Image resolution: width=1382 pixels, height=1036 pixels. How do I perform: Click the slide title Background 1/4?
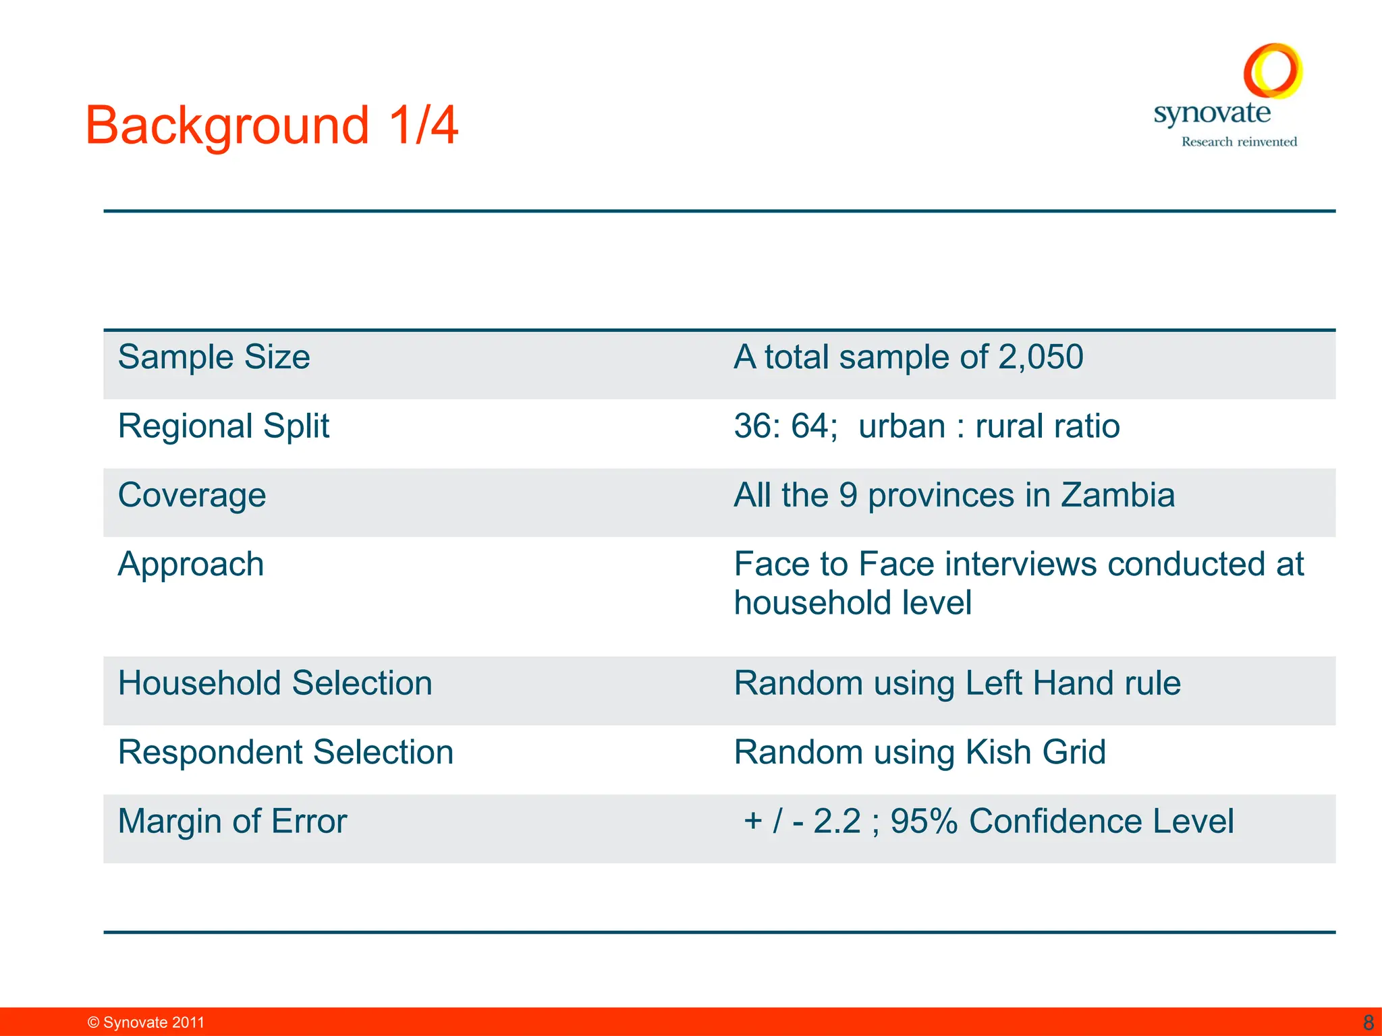(x=271, y=126)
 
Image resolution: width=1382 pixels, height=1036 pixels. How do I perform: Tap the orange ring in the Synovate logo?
(x=1273, y=70)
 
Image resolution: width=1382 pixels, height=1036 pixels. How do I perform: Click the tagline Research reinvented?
(x=1239, y=142)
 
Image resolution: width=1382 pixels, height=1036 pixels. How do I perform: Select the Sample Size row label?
(x=214, y=357)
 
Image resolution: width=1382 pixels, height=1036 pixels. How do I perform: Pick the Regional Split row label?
(x=223, y=426)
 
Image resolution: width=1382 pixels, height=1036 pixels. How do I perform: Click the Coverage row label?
(x=192, y=496)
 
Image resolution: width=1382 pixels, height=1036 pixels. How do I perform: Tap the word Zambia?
(x=1117, y=496)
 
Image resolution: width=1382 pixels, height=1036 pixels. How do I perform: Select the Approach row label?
(x=190, y=565)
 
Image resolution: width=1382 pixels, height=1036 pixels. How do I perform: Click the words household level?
(x=852, y=603)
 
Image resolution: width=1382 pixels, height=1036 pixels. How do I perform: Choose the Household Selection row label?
(x=275, y=683)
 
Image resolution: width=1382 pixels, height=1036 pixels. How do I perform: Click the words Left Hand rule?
(x=1073, y=683)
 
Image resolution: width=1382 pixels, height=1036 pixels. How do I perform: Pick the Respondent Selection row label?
(x=285, y=753)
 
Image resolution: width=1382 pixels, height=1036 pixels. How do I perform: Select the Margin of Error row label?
(x=232, y=822)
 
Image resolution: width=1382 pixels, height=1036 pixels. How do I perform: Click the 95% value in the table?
(x=924, y=822)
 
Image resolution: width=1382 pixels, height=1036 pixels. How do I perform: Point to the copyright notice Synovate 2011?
(x=146, y=1023)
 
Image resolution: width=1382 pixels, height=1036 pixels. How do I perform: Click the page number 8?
(x=1369, y=1023)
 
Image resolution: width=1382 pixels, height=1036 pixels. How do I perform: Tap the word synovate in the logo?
(x=1212, y=113)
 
